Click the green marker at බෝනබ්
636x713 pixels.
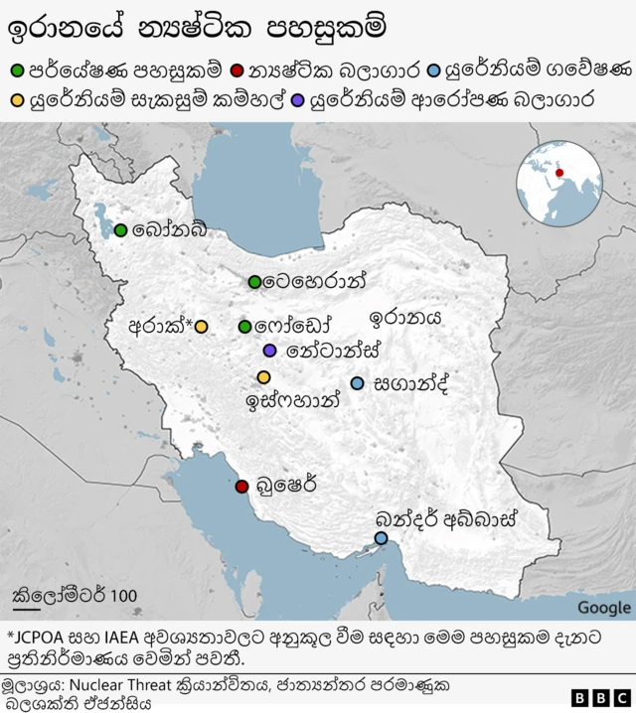[120, 230]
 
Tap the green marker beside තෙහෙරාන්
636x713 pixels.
[255, 282]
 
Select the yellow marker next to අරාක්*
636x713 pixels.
[201, 327]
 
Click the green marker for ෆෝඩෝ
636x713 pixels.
[244, 327]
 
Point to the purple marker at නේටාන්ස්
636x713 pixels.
[269, 351]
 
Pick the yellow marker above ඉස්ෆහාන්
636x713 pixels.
[263, 377]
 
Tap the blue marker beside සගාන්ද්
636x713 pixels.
[357, 383]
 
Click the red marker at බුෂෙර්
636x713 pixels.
[241, 487]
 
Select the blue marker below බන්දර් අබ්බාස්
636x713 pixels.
[381, 538]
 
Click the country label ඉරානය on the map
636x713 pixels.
[404, 319]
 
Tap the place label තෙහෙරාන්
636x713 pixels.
[315, 282]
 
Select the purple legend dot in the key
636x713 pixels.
[298, 99]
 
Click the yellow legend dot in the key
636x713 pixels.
[16, 99]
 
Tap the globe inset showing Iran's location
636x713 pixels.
[559, 185]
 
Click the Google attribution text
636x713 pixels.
[603, 608]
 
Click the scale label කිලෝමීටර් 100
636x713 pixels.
[75, 596]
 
